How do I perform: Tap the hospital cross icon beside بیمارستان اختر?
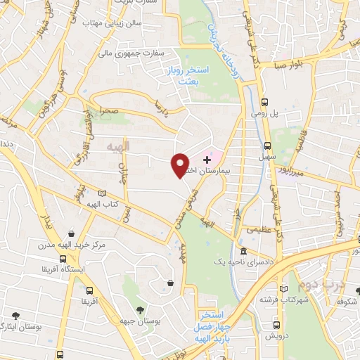pos(206,160)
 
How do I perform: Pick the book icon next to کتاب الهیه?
pos(103,193)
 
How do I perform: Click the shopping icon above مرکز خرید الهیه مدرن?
pos(71,233)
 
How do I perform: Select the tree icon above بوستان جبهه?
pos(140,309)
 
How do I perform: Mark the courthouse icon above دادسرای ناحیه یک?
pos(243,251)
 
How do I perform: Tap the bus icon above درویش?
pos(276,325)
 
